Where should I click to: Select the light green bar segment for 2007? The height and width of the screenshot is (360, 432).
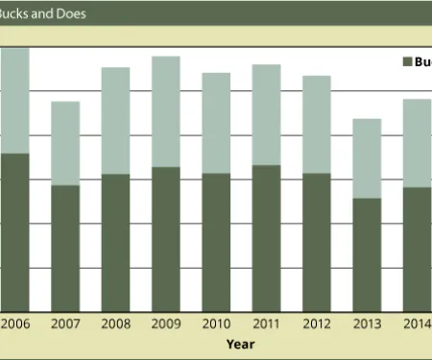click(65, 143)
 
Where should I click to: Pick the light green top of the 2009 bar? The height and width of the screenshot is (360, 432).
click(165, 111)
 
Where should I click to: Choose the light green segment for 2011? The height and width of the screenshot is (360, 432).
click(266, 114)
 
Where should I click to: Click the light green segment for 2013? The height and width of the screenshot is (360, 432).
click(367, 158)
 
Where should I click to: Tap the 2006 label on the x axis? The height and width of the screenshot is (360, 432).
click(14, 324)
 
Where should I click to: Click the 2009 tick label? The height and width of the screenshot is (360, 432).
click(165, 324)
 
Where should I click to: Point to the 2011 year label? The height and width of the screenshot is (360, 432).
click(266, 324)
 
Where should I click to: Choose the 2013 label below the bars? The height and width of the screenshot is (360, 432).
click(367, 324)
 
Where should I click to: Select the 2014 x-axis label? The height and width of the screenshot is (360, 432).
click(415, 324)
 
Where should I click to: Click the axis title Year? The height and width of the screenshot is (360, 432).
click(240, 343)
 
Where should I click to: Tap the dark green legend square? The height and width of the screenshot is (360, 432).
click(407, 61)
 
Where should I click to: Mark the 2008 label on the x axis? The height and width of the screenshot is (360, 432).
click(115, 324)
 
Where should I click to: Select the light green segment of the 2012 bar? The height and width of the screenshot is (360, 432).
click(317, 124)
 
